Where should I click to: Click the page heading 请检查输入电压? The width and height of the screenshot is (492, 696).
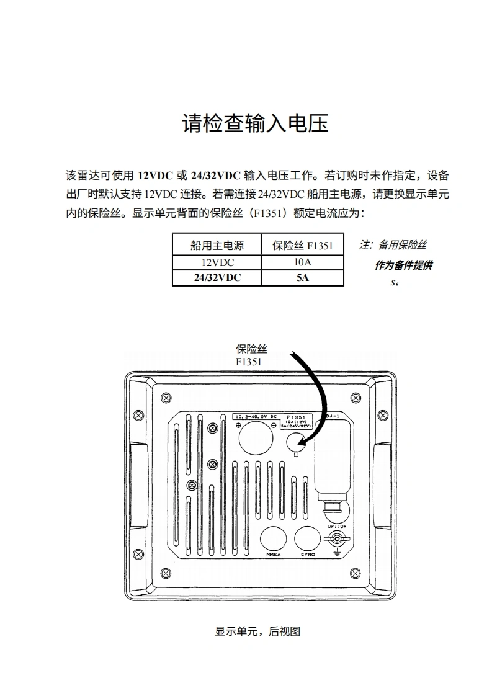(x=254, y=123)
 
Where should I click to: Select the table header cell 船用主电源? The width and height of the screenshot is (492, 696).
(x=217, y=246)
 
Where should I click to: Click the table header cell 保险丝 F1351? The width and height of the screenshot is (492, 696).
(x=303, y=246)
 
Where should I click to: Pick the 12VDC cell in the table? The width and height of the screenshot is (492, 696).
(x=217, y=262)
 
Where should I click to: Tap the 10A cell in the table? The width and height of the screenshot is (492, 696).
(x=303, y=262)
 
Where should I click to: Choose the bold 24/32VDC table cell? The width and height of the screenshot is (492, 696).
(x=217, y=278)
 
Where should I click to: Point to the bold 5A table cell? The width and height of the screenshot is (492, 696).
(x=303, y=278)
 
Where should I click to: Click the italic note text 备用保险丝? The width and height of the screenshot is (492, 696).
(x=402, y=245)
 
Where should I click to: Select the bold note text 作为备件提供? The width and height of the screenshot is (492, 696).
(x=403, y=265)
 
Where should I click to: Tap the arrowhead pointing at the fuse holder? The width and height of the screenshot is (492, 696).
(x=301, y=442)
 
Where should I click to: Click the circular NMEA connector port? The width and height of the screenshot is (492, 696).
(x=273, y=538)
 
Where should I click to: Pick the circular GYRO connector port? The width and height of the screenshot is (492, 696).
(x=307, y=538)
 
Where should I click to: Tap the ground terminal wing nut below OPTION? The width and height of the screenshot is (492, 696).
(x=338, y=537)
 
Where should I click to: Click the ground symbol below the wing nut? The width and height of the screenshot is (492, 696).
(x=338, y=551)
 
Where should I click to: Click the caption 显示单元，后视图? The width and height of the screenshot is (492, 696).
(x=257, y=631)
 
